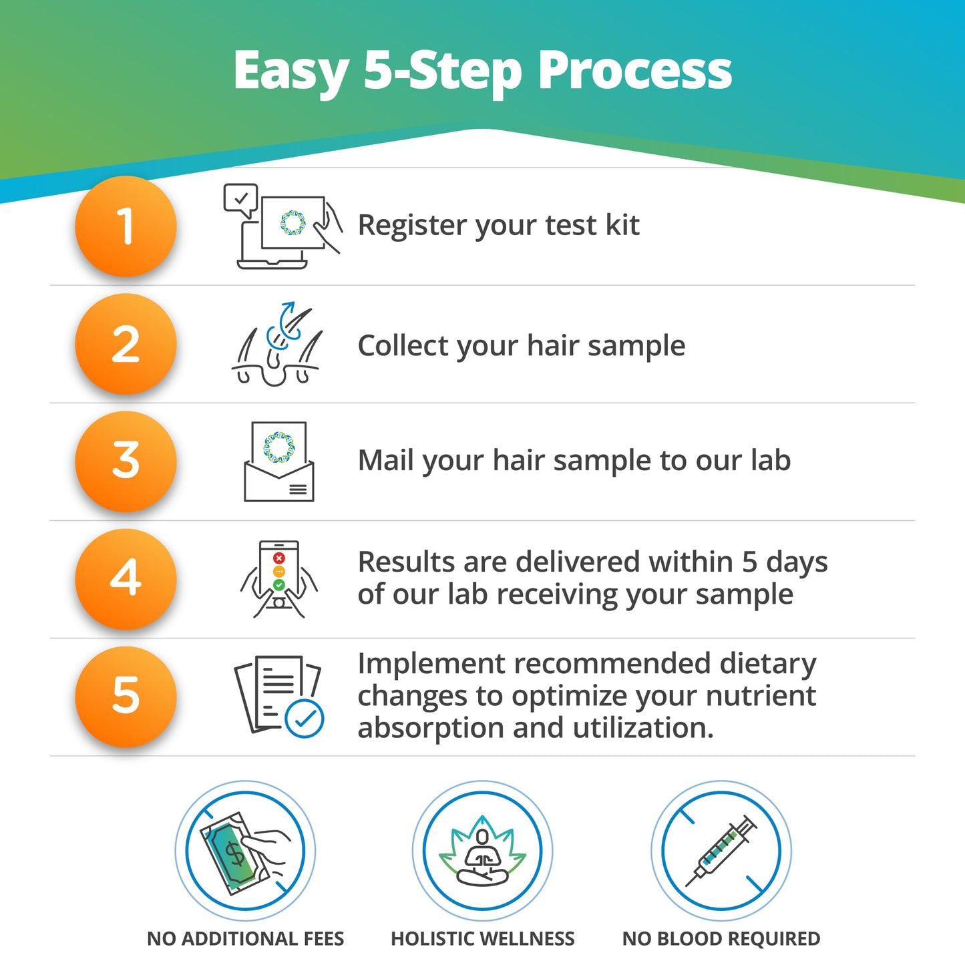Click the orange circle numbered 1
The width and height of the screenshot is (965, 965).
point(126,226)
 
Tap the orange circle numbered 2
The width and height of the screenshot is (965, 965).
point(126,344)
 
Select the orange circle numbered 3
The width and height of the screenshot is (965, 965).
point(126,461)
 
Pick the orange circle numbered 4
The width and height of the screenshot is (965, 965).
point(126,578)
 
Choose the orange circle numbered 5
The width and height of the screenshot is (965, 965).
point(126,696)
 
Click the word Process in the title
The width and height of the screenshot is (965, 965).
point(634,71)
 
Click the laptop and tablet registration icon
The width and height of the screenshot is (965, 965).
point(282,227)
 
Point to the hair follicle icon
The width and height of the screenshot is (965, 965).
point(278,345)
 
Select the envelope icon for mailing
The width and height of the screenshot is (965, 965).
point(279,462)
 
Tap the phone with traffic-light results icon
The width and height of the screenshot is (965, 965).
point(279,579)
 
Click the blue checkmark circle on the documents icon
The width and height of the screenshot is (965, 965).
point(305,719)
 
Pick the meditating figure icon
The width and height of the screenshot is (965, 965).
point(482,851)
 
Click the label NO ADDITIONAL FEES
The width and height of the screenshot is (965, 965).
point(245,939)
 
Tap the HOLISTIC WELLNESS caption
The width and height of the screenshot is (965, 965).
point(482,939)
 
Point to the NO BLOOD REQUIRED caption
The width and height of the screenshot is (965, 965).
point(721,939)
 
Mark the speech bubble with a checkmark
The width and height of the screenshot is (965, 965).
point(240,199)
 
